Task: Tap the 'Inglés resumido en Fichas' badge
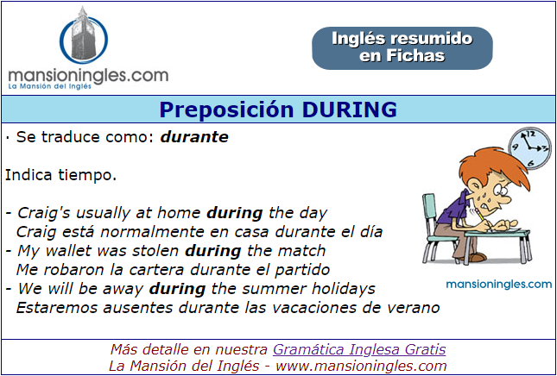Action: pyautogui.click(x=402, y=48)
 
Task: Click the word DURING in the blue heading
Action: pyautogui.click(x=350, y=110)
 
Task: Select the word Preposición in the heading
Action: pyautogui.click(x=226, y=110)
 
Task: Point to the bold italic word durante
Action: pyautogui.click(x=194, y=137)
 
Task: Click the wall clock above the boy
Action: pyautogui.click(x=529, y=148)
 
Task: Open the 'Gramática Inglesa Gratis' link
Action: pyautogui.click(x=359, y=349)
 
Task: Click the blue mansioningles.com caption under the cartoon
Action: pyautogui.click(x=499, y=284)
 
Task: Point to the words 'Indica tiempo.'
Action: pyautogui.click(x=60, y=175)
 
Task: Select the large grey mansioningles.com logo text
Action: pyautogui.click(x=88, y=76)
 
